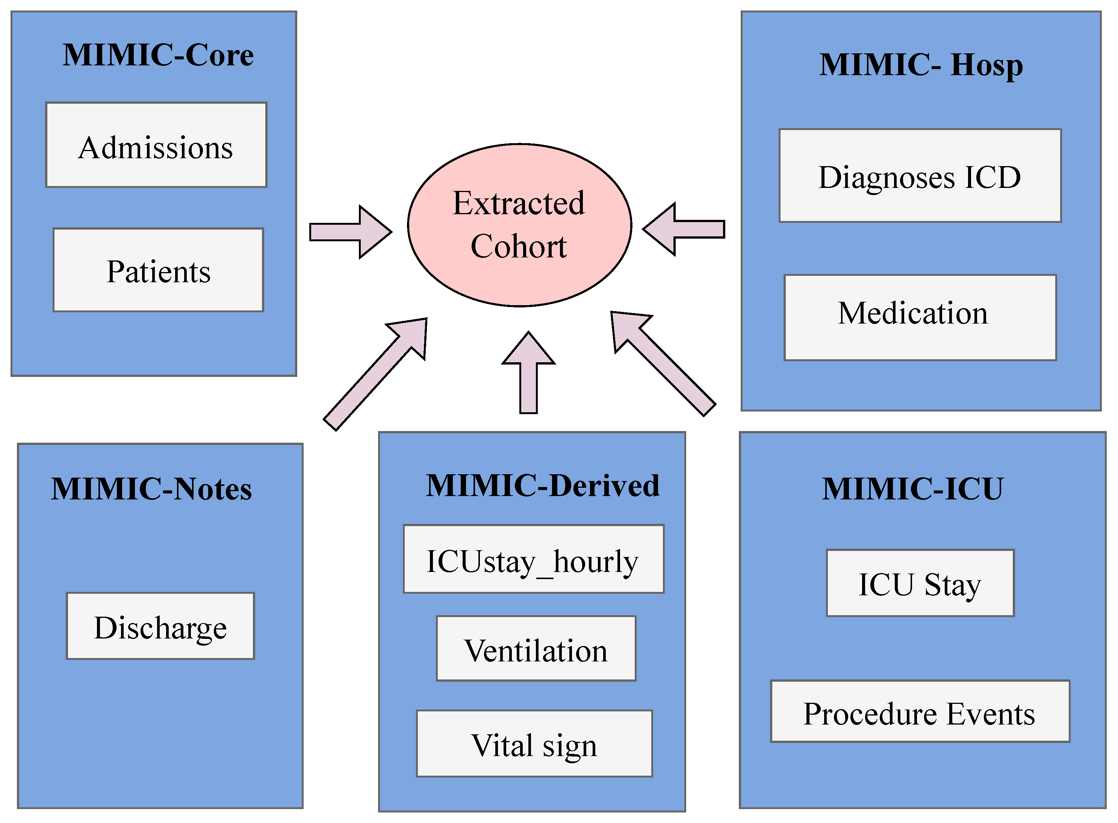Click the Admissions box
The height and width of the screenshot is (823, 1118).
point(156,145)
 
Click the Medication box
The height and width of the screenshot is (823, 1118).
point(920,317)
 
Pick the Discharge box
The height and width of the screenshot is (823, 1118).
point(160,626)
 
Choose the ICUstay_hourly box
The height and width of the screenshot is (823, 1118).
point(533,559)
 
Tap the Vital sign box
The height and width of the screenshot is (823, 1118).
point(534,743)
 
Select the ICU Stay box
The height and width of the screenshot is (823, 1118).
point(920,583)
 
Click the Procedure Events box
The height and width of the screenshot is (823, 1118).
point(920,711)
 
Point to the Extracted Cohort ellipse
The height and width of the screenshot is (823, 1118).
point(519,225)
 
